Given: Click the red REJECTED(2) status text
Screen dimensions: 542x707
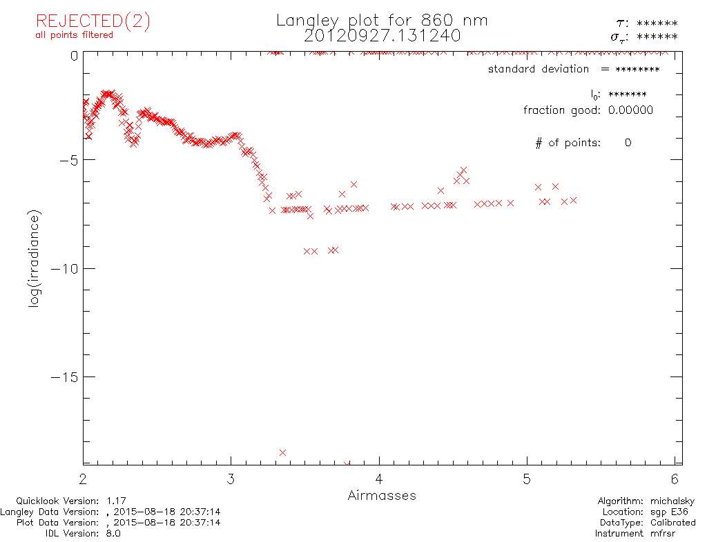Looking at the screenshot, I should tap(93, 21).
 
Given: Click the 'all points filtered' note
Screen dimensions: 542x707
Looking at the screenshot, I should tap(75, 35).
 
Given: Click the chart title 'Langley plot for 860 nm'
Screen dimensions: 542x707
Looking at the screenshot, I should tap(382, 21).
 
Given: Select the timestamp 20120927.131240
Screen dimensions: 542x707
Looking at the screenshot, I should tap(382, 35).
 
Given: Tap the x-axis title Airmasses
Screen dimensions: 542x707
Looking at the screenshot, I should tap(382, 495).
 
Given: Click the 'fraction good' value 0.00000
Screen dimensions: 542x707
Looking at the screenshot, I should tap(630, 110).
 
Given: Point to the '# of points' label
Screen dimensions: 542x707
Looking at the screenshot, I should tap(568, 143).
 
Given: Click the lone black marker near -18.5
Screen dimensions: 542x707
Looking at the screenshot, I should tap(282, 452).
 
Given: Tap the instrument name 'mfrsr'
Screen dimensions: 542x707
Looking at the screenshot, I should tap(681, 533).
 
